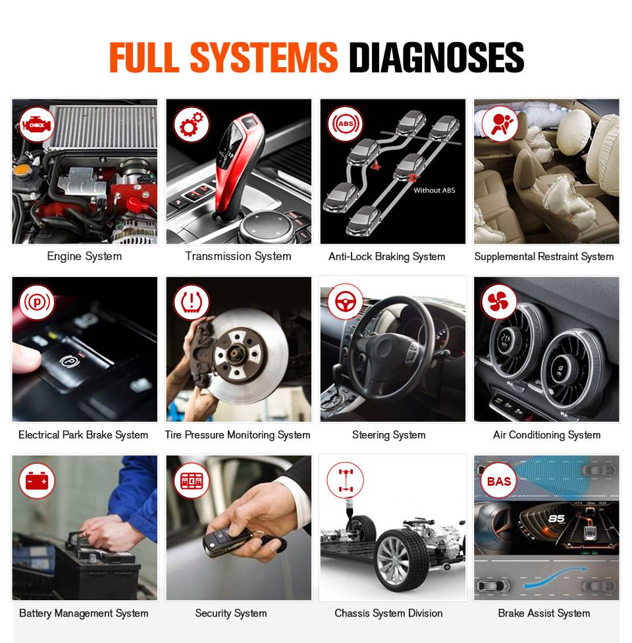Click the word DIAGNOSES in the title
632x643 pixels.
[436, 57]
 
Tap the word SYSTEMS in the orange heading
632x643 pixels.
[264, 57]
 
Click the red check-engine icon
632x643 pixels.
[37, 124]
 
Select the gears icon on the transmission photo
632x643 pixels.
[191, 124]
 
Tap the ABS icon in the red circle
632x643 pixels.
[346, 124]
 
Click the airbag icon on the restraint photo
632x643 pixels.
[500, 124]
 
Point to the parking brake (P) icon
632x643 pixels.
[37, 303]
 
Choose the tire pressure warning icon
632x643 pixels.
[191, 302]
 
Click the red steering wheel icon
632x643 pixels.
[346, 302]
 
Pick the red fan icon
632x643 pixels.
[499, 302]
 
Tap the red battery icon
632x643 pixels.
[37, 480]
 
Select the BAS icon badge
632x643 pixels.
[499, 480]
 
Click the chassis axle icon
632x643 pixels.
[346, 480]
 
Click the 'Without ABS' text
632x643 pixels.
[434, 190]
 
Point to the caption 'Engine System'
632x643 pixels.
[84, 256]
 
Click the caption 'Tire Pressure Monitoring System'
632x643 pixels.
[238, 434]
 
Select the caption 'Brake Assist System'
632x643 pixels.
[544, 613]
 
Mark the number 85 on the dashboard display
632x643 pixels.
[556, 519]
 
